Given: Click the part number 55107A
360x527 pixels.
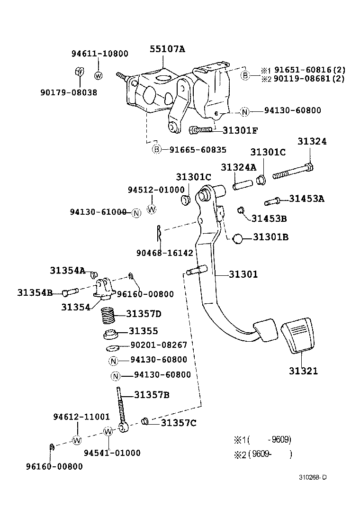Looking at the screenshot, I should click(x=168, y=49).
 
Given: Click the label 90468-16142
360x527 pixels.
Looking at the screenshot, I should click(x=165, y=253).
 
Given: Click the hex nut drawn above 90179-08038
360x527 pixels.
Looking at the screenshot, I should click(x=80, y=72).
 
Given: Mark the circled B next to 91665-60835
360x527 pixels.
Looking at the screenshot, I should click(x=156, y=150).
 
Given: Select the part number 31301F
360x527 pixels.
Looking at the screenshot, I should click(x=240, y=130).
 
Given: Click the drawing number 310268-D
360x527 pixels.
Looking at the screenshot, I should click(x=312, y=477).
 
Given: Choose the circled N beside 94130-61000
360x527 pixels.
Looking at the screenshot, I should click(x=136, y=213).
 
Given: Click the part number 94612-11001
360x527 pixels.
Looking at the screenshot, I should click(x=81, y=417).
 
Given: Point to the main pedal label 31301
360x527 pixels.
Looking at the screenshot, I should click(x=243, y=274).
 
